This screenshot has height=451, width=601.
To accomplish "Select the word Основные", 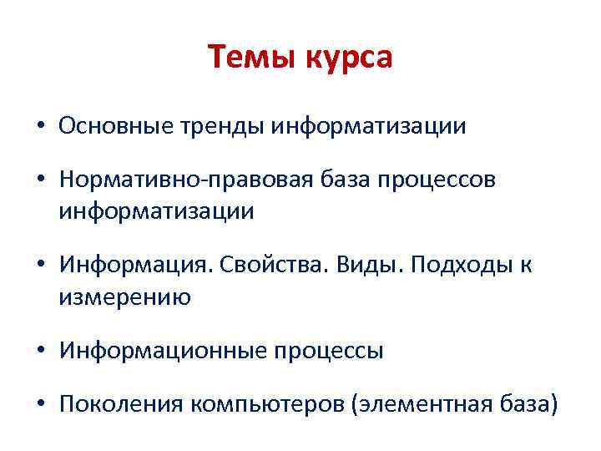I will tap(110, 126).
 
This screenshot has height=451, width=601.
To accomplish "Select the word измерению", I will tap(124, 296).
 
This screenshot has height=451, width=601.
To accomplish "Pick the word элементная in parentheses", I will tap(422, 406).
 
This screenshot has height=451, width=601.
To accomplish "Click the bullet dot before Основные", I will tap(40, 127).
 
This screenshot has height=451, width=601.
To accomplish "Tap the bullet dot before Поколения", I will tap(40, 407).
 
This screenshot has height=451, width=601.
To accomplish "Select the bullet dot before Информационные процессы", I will tap(40, 352).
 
